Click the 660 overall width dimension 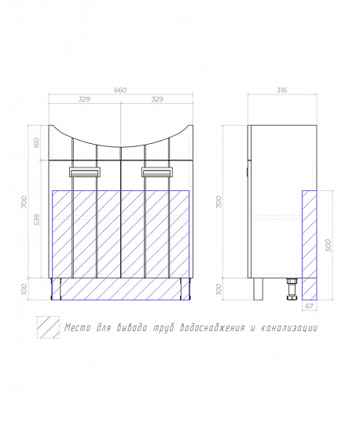120,90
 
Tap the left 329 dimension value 84,99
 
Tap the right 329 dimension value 157,99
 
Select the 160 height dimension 36,142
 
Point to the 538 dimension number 37,219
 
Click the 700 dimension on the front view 24,202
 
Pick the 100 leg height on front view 24,289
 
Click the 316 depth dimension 282,90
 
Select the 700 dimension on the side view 219,202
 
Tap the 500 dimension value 329,245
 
